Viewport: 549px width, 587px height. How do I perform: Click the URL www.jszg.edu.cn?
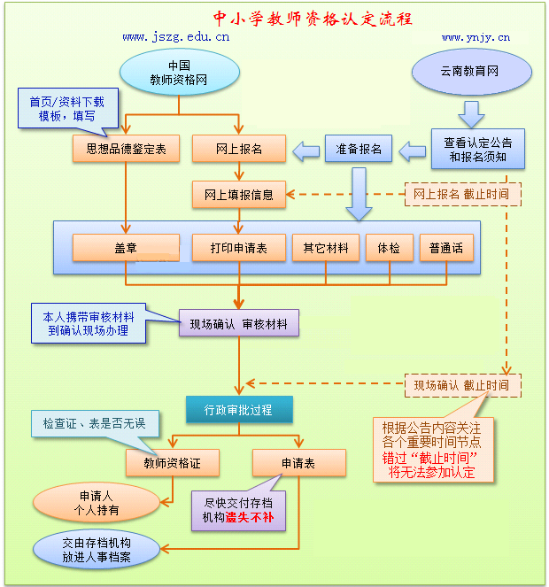pos(176,37)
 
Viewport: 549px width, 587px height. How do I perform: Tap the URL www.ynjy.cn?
pos(476,37)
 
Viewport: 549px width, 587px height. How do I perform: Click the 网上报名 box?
pos(239,149)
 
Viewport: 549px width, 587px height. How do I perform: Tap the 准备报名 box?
pos(360,149)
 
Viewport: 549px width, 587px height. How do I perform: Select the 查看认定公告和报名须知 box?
pos(478,150)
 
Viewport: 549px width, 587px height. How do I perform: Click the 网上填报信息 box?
pos(239,194)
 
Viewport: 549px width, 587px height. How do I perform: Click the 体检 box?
pos(389,248)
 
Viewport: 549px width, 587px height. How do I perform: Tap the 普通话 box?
pos(446,248)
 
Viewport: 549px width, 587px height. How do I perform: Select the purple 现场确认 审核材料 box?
pos(239,323)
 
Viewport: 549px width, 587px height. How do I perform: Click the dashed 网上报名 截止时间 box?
pos(461,194)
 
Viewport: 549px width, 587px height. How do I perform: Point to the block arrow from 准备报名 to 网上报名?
pos(305,151)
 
